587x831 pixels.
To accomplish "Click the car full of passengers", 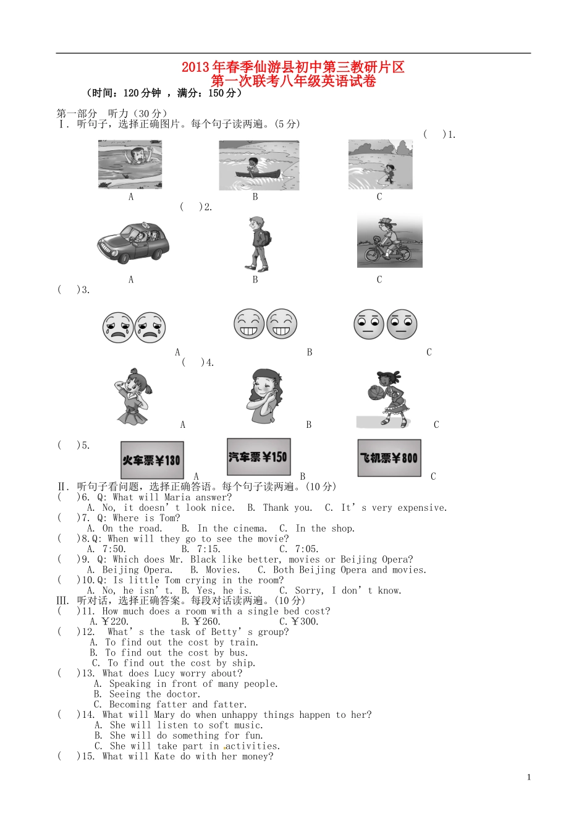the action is click(x=133, y=242).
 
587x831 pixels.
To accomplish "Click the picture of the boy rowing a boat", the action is click(x=259, y=166).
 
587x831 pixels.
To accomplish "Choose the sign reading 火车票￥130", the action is click(x=152, y=460).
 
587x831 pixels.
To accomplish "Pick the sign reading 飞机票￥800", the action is click(x=389, y=458).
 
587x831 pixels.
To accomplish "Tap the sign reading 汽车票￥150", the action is click(x=258, y=457).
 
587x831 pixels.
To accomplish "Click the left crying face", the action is click(x=118, y=327).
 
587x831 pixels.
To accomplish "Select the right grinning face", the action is click(x=281, y=323).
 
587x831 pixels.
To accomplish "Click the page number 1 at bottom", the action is click(x=529, y=777).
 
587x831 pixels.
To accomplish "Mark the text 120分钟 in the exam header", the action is click(x=142, y=93).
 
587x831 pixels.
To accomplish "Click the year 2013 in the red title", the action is click(x=196, y=67).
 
